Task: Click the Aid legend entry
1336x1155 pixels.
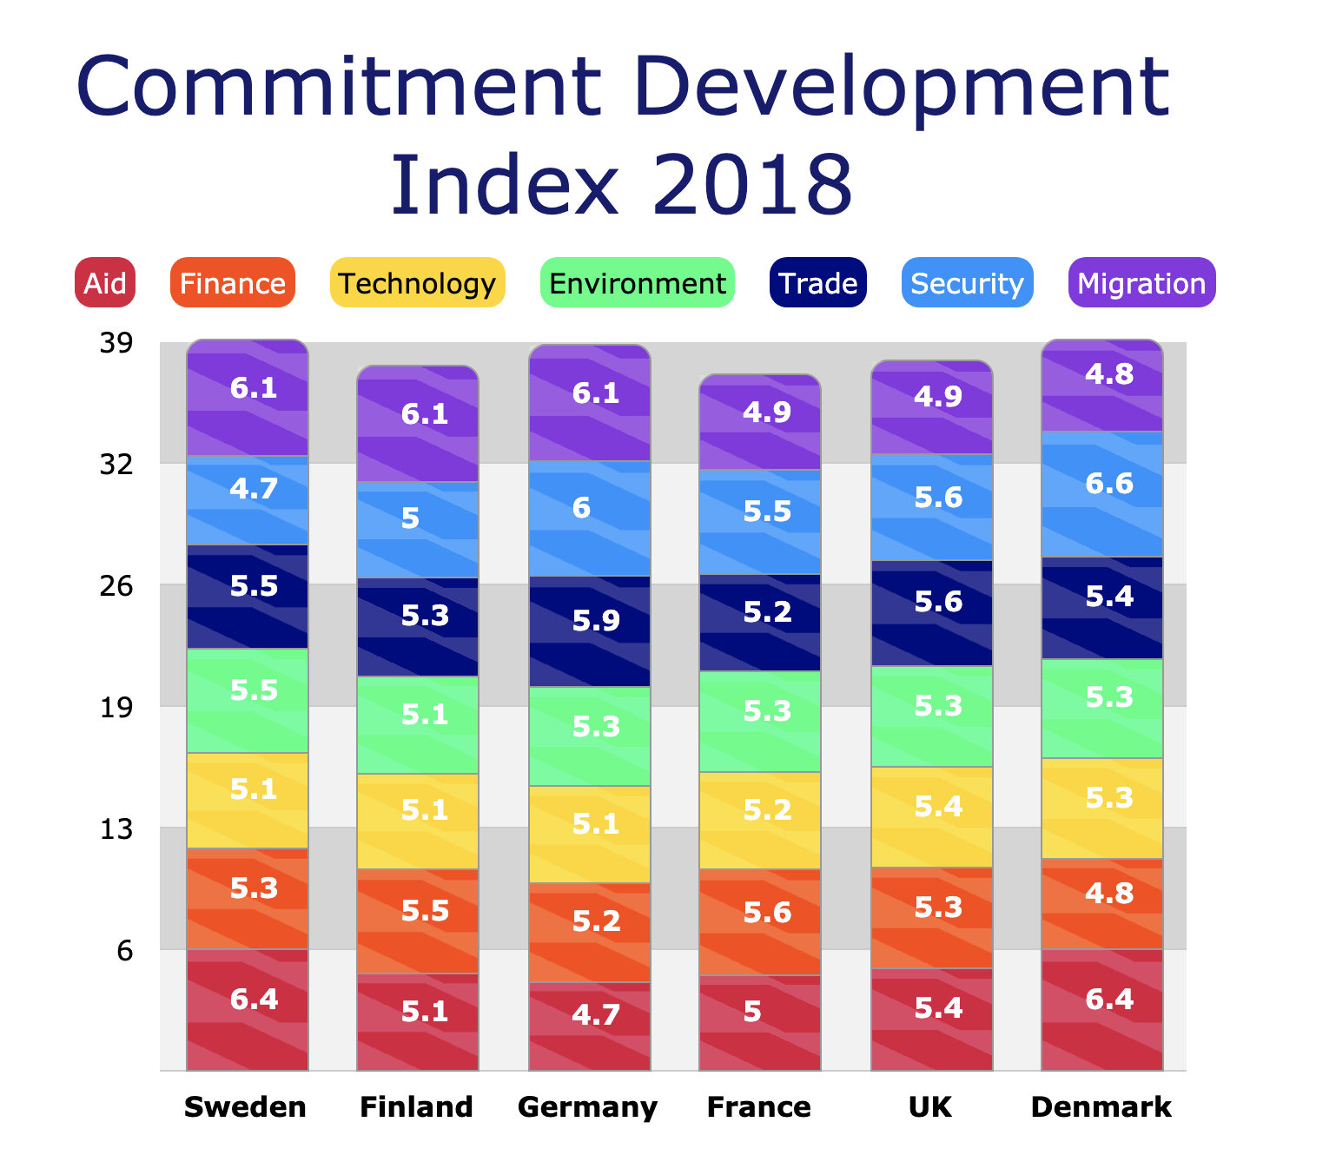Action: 105,283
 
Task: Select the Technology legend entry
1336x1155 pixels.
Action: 417,283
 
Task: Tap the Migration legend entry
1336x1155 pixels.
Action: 1141,283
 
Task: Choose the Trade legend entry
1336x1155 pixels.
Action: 817,283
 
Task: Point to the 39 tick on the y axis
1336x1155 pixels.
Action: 116,343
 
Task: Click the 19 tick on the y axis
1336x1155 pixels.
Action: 116,708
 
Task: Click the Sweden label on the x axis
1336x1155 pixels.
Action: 246,1107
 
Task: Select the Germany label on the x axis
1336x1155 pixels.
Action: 588,1107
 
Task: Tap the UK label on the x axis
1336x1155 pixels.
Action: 930,1107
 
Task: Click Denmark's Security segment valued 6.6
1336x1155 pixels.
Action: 1101,493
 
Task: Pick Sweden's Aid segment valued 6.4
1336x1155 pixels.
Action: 248,1009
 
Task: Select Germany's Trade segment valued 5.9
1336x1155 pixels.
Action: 590,631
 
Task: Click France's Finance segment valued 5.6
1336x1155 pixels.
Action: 760,921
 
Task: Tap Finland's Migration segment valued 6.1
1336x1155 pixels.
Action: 418,424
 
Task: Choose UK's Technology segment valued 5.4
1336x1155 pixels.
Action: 932,816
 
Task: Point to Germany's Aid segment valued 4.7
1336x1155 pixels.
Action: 590,1026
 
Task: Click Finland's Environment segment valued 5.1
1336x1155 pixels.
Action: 418,724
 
